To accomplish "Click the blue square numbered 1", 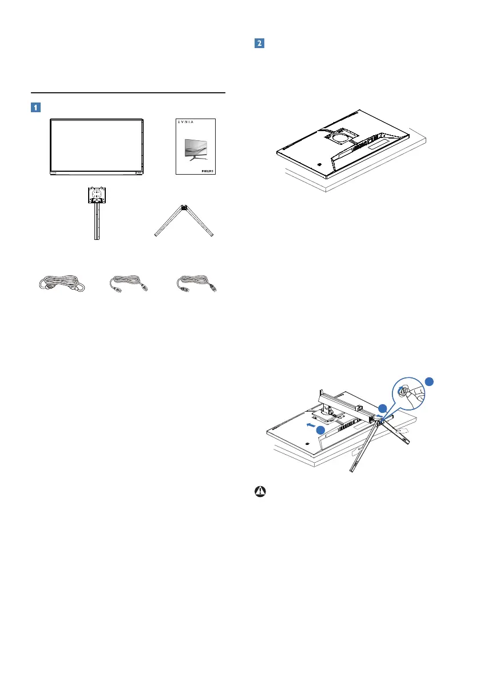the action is (35, 107).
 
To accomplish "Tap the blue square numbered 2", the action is (259, 44).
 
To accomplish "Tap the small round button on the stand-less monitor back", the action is (318, 162).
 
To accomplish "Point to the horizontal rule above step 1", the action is (128, 92).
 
